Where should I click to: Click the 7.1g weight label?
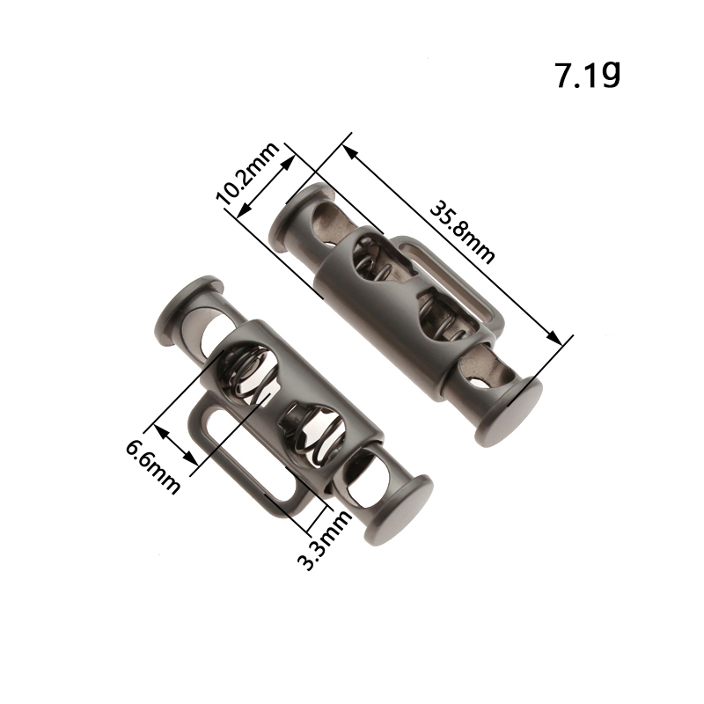pyautogui.click(x=588, y=75)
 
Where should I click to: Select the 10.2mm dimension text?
pyautogui.click(x=247, y=173)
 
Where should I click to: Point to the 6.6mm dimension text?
pyautogui.click(x=152, y=467)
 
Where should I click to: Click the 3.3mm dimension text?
pyautogui.click(x=325, y=539)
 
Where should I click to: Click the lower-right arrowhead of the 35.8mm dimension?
pyautogui.click(x=555, y=338)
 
